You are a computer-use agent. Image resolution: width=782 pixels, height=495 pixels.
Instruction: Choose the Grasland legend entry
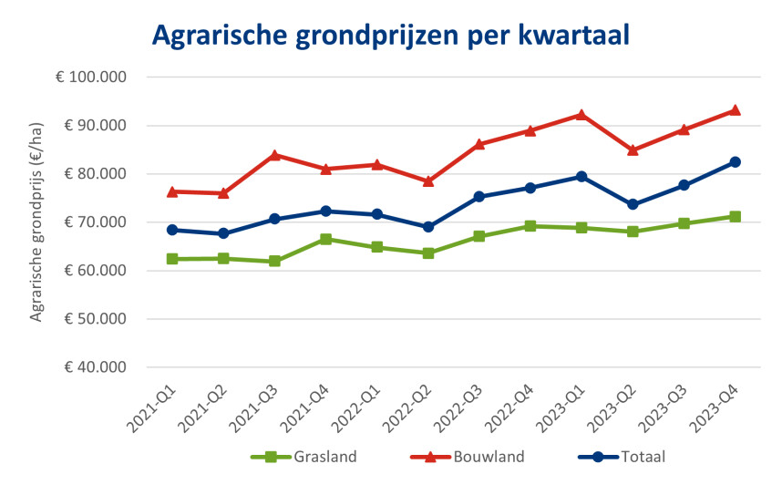(304, 457)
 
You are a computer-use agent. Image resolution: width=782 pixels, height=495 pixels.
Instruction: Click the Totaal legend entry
(622, 457)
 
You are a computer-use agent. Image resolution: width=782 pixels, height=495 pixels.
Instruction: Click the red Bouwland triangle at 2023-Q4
(735, 110)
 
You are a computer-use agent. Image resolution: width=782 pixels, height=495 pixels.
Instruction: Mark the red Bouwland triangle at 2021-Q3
(274, 155)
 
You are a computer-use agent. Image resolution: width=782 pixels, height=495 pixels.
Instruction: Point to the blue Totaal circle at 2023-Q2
(633, 205)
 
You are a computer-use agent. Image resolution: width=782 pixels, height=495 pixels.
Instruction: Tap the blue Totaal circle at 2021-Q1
(172, 230)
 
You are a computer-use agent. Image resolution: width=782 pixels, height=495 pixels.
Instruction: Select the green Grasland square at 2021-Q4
(325, 239)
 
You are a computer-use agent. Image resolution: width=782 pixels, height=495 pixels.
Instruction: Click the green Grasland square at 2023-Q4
(735, 217)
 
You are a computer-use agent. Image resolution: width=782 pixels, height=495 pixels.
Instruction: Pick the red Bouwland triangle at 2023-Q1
(581, 115)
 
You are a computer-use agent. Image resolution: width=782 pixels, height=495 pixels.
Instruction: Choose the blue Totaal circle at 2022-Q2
(428, 227)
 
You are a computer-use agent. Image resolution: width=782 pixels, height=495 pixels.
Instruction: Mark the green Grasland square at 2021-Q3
(274, 262)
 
